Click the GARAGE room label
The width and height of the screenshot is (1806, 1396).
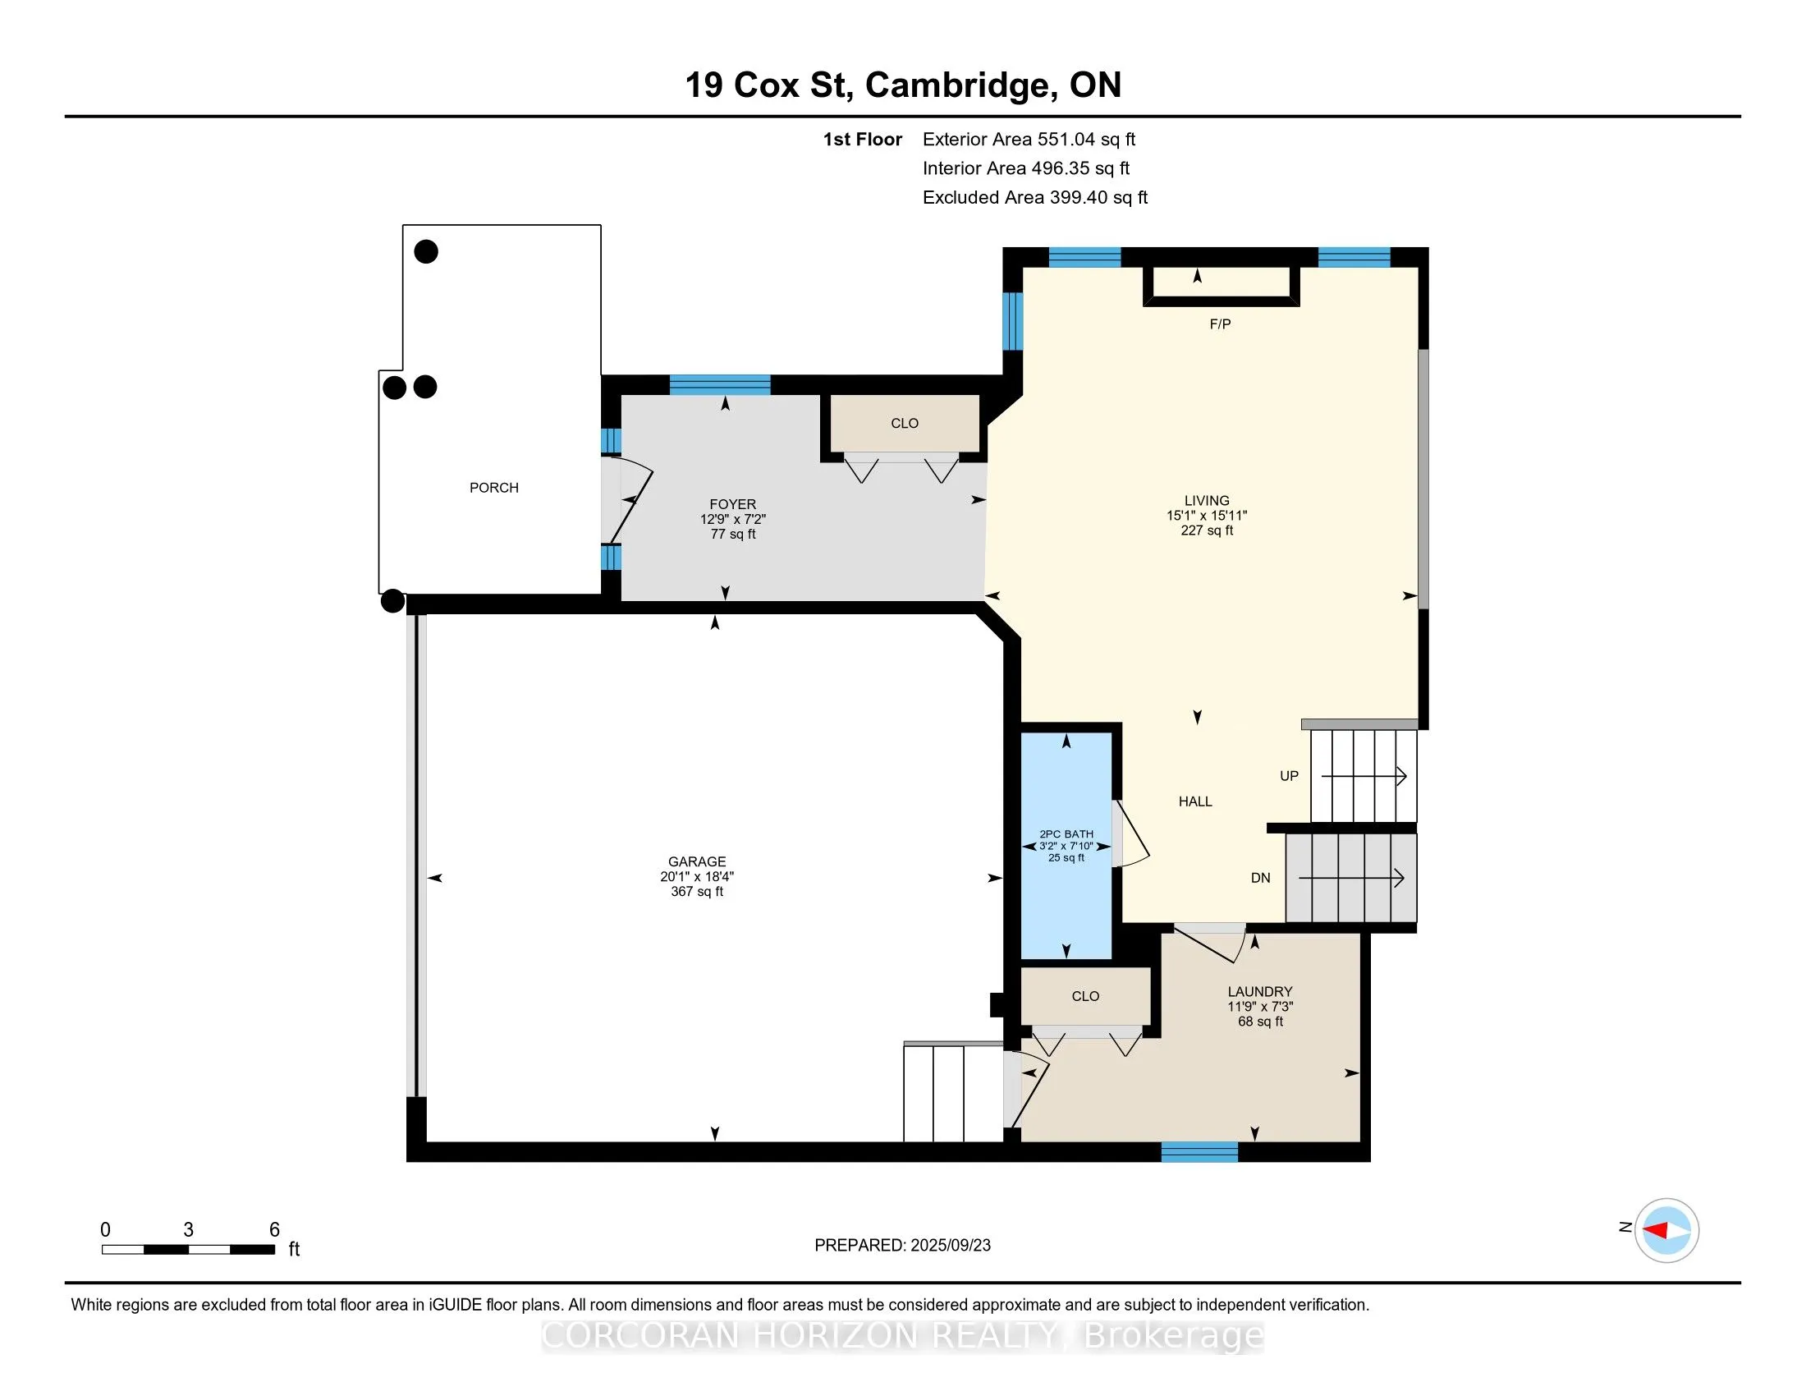[697, 861]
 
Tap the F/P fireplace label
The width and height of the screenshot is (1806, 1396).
[1220, 324]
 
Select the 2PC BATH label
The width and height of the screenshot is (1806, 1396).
[1066, 834]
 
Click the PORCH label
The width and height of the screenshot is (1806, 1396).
[493, 488]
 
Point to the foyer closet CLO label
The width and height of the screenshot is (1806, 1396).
[904, 424]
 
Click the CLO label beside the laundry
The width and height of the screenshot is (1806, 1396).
[1085, 997]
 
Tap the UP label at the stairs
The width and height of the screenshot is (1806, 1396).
[1288, 776]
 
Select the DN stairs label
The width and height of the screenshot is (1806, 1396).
[1259, 879]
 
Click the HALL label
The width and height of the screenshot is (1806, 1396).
[1195, 801]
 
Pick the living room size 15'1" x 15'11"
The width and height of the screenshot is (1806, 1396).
[1207, 515]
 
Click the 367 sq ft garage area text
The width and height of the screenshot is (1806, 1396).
[697, 892]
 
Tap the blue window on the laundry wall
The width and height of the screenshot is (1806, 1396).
[1199, 1151]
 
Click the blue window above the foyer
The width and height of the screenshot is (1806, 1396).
[719, 384]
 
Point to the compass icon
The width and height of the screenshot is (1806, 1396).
[1666, 1230]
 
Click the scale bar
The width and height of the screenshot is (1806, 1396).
[189, 1249]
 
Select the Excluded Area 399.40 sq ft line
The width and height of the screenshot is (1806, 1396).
[1034, 198]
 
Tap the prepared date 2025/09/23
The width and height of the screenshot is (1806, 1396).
[949, 1246]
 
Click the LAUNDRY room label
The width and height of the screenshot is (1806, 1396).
[1259, 992]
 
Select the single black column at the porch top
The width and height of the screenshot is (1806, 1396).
[426, 251]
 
